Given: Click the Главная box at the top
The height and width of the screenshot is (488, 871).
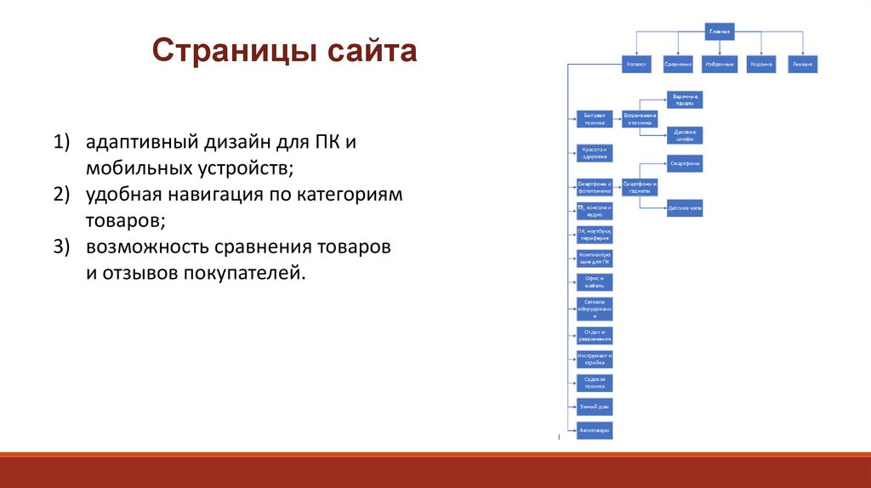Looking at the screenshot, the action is [x=720, y=31].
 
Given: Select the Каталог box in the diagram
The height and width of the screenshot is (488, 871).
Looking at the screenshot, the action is [x=636, y=65].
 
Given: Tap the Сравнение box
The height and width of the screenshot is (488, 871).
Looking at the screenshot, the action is [x=678, y=65].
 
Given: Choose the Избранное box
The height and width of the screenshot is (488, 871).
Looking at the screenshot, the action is [x=720, y=65].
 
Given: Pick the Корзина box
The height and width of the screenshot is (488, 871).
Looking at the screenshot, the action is [x=761, y=65].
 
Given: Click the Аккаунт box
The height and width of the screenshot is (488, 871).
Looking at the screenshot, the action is [x=802, y=65].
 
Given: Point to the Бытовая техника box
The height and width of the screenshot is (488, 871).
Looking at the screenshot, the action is [x=594, y=118].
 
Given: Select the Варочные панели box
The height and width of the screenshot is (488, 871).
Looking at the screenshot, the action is [x=685, y=100].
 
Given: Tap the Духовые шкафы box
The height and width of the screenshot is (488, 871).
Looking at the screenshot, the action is [x=685, y=135].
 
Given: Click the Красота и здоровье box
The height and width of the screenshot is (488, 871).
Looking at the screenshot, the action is [x=594, y=153].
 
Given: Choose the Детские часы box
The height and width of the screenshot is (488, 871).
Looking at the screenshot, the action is [x=685, y=208].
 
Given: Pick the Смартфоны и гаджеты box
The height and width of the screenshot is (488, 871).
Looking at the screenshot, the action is [x=640, y=188].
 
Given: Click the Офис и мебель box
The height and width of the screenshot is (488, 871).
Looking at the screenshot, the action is [x=594, y=282].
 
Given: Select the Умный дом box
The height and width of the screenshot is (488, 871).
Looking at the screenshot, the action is [x=594, y=407].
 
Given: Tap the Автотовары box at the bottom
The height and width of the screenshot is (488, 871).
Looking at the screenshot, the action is [x=594, y=430].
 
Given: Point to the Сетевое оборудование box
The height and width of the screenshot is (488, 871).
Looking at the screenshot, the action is [x=594, y=309].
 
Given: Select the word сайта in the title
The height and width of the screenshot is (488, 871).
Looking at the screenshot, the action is [x=368, y=52].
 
